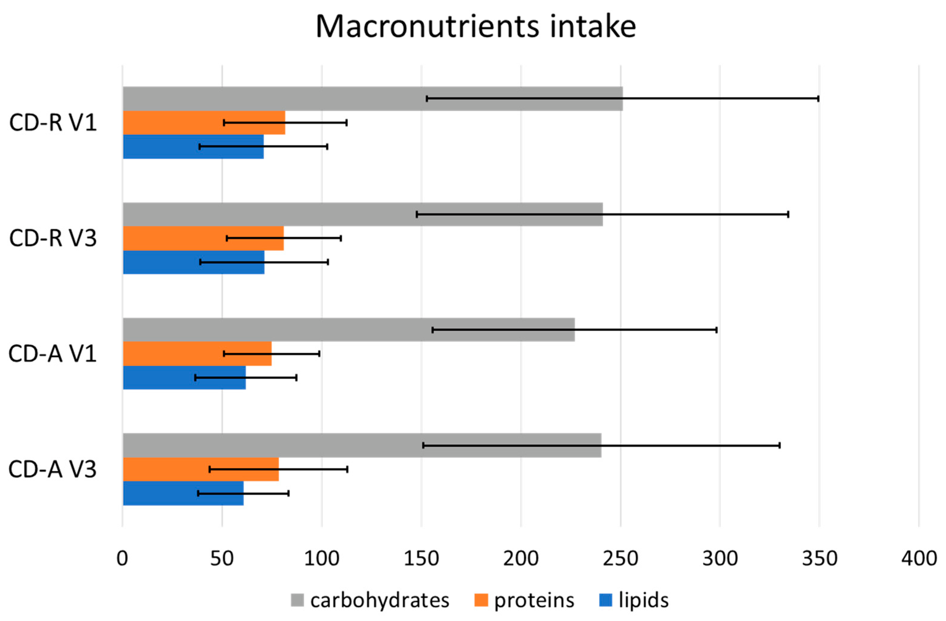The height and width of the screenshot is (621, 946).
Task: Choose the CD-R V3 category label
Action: tap(53, 238)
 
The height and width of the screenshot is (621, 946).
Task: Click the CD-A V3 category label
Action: tap(53, 469)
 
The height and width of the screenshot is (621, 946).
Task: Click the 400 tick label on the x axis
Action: tap(919, 559)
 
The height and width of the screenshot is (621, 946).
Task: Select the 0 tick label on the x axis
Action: tap(122, 559)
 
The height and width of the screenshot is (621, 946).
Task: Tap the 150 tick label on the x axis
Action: tap(421, 559)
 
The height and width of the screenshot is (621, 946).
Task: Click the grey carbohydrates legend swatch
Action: tap(297, 600)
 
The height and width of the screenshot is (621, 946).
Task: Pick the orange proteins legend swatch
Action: tap(481, 600)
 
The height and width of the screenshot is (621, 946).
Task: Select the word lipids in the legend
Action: tap(643, 600)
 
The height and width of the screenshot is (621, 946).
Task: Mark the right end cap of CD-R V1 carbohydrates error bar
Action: tap(818, 98)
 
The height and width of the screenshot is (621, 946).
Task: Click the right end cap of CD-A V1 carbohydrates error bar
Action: tap(716, 330)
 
